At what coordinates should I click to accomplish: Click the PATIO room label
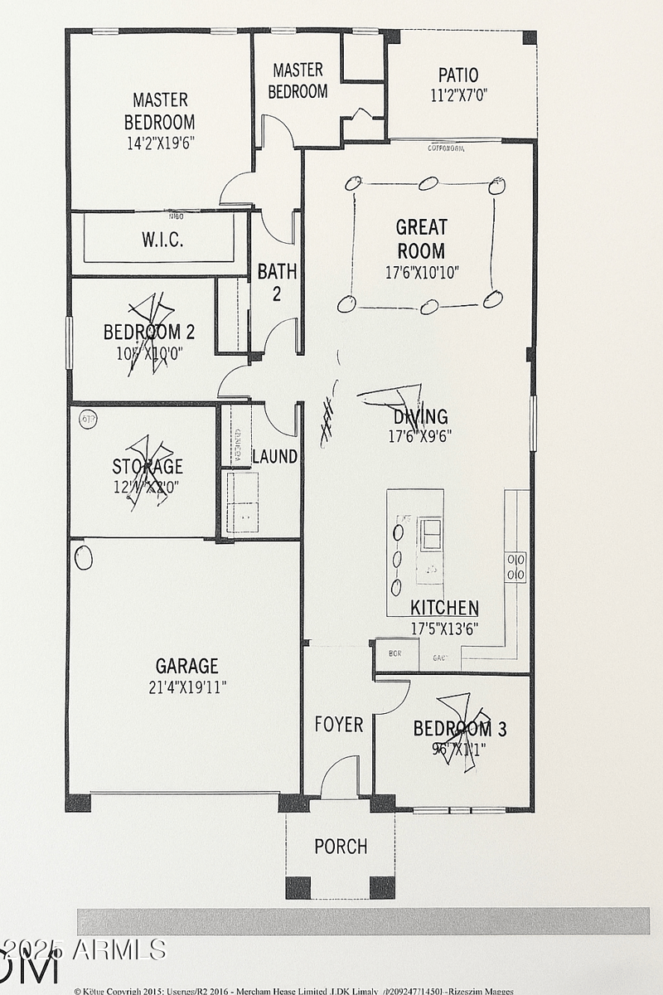458,75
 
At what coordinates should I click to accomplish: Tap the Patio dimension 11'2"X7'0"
458,95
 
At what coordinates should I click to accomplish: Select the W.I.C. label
162,240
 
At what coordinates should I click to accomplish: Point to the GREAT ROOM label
421,239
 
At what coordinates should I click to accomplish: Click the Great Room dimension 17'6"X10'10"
422,272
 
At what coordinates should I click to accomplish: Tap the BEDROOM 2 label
149,332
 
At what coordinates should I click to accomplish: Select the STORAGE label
148,466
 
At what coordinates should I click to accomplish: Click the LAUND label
274,456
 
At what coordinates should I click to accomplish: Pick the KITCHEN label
444,608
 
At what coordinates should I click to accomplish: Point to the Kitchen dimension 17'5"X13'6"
444,629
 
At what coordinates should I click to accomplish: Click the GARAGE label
187,666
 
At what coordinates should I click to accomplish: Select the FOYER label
338,725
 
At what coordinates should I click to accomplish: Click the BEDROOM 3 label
460,729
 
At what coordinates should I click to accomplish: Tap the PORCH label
341,847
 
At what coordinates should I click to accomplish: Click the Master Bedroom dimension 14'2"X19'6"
160,142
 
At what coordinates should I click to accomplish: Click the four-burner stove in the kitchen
515,566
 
